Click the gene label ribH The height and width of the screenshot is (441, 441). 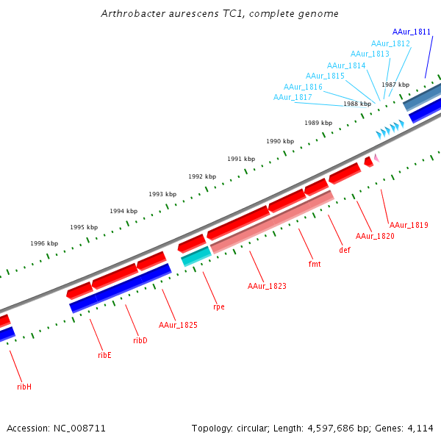[24, 386]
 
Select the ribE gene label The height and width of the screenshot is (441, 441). [104, 355]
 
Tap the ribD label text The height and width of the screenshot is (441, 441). [140, 340]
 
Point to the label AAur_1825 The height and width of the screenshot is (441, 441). [178, 324]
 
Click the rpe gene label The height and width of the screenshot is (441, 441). [218, 306]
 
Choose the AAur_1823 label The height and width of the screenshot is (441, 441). [267, 286]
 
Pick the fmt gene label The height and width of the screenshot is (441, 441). [315, 262]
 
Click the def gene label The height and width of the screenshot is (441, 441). [345, 250]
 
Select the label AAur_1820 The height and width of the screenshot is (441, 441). [375, 236]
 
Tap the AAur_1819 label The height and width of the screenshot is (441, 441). [409, 225]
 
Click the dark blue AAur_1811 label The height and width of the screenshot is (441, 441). [412, 32]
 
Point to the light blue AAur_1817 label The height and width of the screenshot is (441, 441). [293, 97]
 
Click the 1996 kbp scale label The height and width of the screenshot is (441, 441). [44, 243]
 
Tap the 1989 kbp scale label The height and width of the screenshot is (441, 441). [318, 123]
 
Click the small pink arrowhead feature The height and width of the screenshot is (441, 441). [376, 157]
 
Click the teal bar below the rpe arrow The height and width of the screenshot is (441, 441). [196, 255]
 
